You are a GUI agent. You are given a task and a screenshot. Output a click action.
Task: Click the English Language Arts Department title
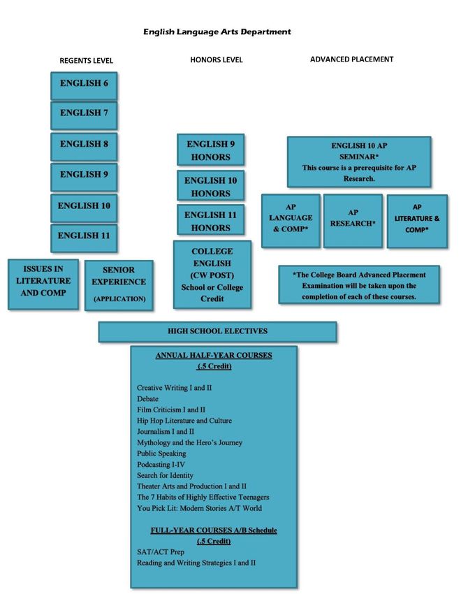(x=217, y=31)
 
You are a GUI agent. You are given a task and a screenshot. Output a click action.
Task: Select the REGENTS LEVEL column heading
(x=87, y=61)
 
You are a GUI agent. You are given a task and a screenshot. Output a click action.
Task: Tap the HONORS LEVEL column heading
(x=217, y=60)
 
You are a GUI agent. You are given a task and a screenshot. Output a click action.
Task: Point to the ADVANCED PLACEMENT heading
(x=351, y=59)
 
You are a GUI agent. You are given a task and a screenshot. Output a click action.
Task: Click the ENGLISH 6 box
(x=84, y=85)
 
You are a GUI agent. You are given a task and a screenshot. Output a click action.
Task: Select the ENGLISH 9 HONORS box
(x=210, y=150)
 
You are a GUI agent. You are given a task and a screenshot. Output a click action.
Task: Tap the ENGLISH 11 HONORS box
(x=210, y=221)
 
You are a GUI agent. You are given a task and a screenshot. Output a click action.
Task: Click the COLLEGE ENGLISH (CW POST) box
(x=212, y=275)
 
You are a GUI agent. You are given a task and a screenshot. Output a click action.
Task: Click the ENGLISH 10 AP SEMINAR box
(x=358, y=161)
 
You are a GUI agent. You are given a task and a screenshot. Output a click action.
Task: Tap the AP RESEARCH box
(x=353, y=219)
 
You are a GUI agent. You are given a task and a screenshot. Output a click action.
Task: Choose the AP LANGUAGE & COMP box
(x=291, y=219)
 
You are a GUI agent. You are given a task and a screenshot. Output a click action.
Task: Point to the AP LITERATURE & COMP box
(x=417, y=219)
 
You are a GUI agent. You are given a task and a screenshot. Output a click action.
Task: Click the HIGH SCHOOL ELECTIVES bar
(x=217, y=331)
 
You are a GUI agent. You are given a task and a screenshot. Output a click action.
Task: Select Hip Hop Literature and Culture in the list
(x=184, y=421)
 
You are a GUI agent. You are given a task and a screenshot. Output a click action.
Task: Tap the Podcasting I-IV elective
(x=161, y=465)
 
